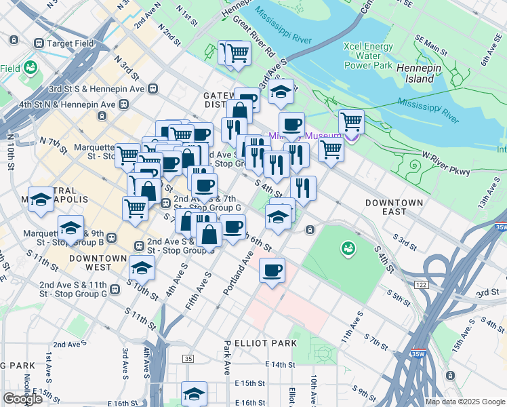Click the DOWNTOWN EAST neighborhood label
click(x=394, y=208)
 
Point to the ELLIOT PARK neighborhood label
click(x=265, y=343)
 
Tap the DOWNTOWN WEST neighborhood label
click(x=98, y=264)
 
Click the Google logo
click(x=22, y=398)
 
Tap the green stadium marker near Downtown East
click(x=348, y=249)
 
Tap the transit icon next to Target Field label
click(x=39, y=43)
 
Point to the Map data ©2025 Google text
click(x=464, y=402)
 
